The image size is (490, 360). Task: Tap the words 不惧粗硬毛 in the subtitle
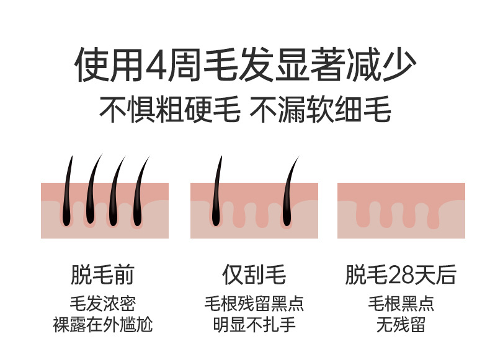coord(169,110)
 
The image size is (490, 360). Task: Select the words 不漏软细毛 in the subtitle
coord(320,110)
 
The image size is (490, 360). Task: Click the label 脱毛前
coord(102,274)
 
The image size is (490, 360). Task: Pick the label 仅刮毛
coord(254,274)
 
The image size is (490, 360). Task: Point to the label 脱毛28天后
coord(401,274)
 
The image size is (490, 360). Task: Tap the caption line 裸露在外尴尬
coord(102,324)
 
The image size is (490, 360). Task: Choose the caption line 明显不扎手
coord(254,324)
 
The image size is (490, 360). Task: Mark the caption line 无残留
coord(401,324)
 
